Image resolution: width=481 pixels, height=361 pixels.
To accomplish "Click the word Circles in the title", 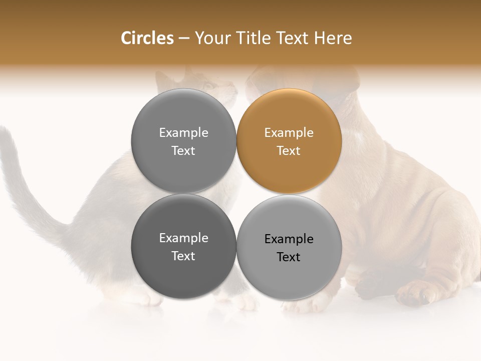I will coord(147,38).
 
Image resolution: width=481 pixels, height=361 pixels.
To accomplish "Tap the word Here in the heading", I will coord(333,38).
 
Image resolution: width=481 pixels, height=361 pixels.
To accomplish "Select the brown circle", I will coord(289,141).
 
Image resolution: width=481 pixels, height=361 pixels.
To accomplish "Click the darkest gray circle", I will coord(183,246).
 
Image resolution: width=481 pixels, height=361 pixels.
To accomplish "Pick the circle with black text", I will coord(289,247).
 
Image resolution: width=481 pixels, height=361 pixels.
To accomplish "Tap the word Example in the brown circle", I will coord(289,133).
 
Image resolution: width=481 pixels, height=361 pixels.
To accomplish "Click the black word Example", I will coord(289,239).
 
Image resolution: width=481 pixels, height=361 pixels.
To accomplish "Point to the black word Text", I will coord(289,257).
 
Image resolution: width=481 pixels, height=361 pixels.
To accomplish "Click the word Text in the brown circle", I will coord(289,151).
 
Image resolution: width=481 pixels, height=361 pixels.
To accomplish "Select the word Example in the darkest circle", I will coord(183,238).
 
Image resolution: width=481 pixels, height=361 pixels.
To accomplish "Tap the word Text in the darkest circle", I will coord(183,256).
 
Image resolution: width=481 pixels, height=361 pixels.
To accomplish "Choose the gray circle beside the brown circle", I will coord(183,141).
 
